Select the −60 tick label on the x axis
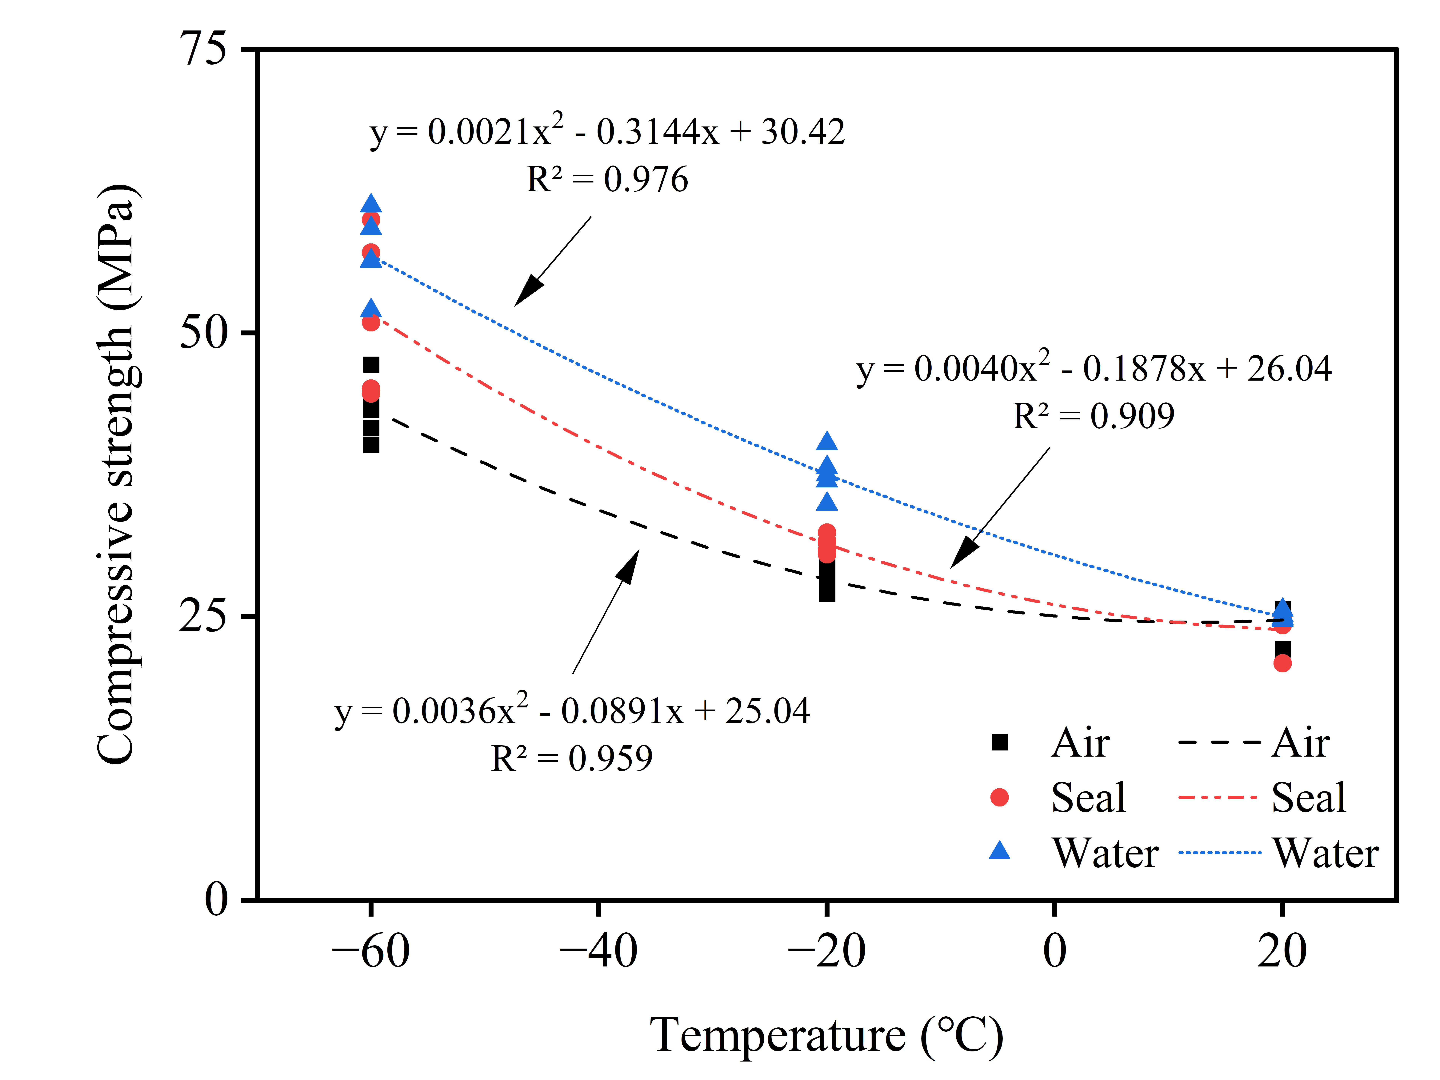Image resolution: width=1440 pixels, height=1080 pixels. point(370,952)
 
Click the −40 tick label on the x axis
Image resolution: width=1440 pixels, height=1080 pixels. point(598,952)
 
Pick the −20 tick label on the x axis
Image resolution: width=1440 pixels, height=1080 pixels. point(826,952)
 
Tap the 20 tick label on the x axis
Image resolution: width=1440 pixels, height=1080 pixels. point(1282,952)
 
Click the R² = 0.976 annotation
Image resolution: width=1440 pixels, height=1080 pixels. point(607,180)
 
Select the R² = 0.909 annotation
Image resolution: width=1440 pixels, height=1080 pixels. point(1094,417)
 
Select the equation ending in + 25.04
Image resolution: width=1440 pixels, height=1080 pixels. point(572,711)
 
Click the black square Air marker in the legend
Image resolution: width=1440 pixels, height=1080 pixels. point(999,742)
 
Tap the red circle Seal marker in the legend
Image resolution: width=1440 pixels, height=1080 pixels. point(999,798)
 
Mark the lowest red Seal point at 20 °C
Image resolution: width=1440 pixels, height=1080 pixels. point(1282,663)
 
